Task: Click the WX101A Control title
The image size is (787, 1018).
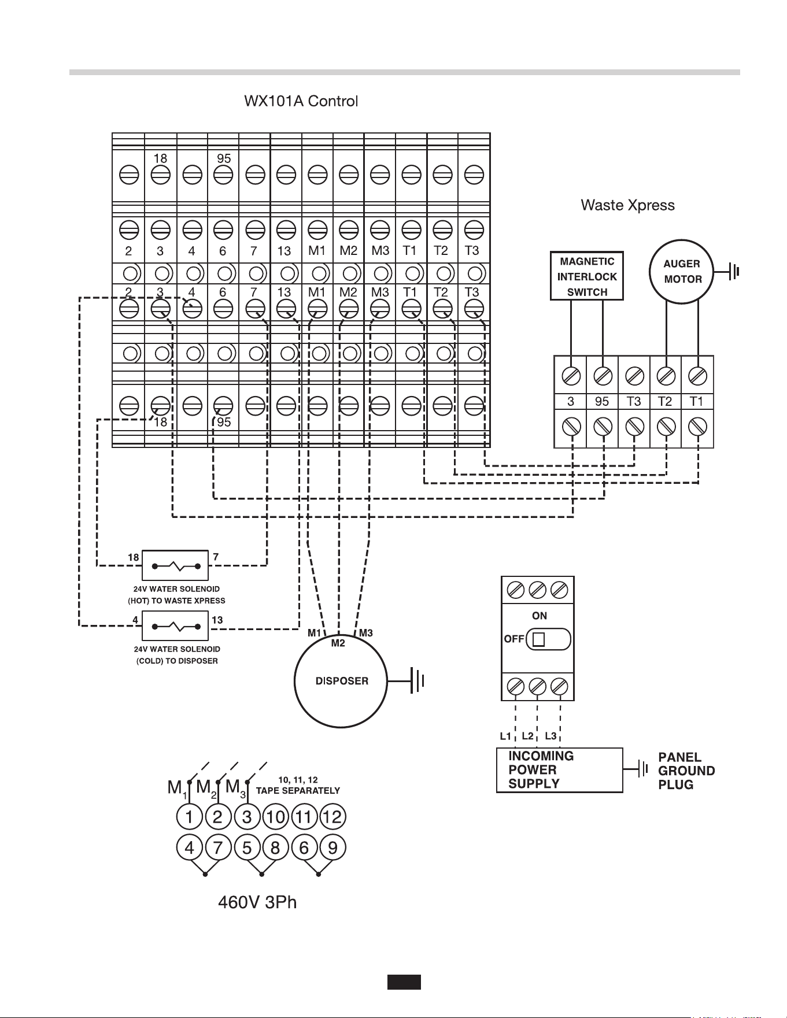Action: [x=301, y=101]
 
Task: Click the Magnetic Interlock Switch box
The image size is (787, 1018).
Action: [x=587, y=276]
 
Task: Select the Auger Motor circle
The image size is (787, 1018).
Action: [x=682, y=271]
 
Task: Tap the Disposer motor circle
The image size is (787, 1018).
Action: [x=341, y=681]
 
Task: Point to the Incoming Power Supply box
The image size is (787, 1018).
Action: [x=560, y=770]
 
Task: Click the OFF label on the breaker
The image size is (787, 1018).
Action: [x=514, y=639]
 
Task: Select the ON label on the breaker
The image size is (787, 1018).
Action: [x=540, y=616]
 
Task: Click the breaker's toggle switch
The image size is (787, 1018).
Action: [x=549, y=639]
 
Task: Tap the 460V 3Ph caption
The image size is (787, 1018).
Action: [x=257, y=902]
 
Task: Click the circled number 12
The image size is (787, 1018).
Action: [x=332, y=817]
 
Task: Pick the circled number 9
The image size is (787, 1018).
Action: [x=332, y=847]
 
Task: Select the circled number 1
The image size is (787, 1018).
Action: [x=190, y=817]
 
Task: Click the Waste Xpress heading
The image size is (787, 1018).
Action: [x=627, y=205]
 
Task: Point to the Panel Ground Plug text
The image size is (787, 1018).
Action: [x=687, y=771]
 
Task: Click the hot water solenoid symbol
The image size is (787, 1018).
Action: [x=175, y=565]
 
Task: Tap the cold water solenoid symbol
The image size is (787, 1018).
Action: [x=175, y=627]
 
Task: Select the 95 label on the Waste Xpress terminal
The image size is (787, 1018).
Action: [x=602, y=402]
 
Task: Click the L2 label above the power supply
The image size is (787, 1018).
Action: [x=527, y=736]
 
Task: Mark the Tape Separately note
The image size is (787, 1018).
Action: [x=298, y=786]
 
